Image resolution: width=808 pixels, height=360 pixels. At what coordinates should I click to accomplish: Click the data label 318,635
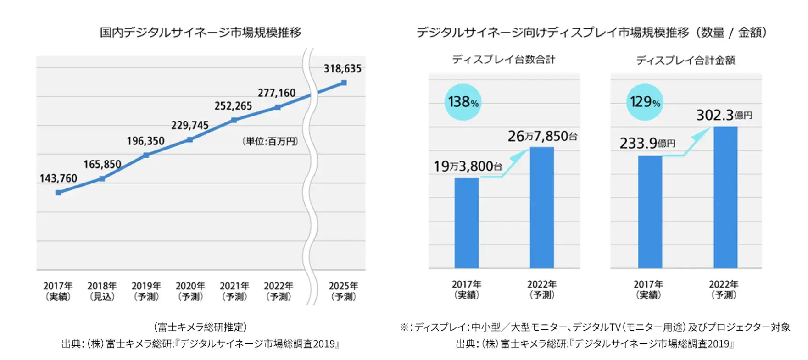coord(342,69)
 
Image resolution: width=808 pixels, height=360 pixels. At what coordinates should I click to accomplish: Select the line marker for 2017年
coord(58,193)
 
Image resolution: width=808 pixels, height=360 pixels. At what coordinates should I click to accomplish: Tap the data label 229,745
coord(189,125)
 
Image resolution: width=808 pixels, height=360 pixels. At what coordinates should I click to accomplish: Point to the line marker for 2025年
coord(344,83)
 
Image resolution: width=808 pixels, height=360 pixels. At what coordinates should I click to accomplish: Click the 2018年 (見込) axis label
coord(102,291)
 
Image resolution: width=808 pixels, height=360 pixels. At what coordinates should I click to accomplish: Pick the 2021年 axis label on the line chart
coord(234,291)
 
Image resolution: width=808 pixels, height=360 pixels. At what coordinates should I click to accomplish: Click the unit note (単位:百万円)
coord(270,141)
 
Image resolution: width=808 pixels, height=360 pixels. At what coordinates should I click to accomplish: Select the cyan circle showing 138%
coord(463,102)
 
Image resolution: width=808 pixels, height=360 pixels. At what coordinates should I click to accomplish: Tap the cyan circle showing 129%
coord(645,102)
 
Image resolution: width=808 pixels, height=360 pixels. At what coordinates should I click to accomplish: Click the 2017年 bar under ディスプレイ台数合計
coord(466,223)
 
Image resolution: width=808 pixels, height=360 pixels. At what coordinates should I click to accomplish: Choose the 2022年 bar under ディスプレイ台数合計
coord(541,207)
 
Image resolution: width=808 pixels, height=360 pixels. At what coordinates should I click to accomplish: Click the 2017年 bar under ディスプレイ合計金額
coord(650,212)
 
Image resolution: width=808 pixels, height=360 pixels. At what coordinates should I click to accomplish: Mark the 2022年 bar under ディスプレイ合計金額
coord(725,197)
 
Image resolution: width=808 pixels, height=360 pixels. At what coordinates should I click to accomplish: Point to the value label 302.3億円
coord(724,115)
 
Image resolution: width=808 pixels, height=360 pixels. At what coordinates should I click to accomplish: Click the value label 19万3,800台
coord(468,166)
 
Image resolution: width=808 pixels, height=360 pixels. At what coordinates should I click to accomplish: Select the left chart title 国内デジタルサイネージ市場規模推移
coord(201,33)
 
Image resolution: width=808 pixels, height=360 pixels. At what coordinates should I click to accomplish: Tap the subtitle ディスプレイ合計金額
coord(685,60)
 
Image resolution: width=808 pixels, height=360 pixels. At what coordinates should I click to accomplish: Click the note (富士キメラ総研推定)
coord(201,327)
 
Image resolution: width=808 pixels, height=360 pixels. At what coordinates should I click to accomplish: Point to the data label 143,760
coord(58,178)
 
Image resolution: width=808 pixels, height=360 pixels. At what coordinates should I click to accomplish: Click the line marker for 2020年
coord(190,139)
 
